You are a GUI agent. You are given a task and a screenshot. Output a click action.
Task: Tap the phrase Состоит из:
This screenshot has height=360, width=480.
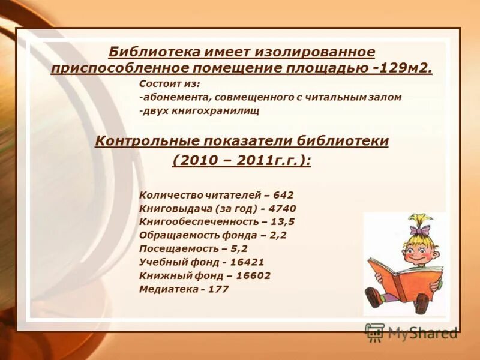pos(169,83)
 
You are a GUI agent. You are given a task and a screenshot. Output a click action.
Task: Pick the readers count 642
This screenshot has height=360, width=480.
pos(283,195)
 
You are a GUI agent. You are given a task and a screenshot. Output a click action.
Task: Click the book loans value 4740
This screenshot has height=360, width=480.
pos(283,208)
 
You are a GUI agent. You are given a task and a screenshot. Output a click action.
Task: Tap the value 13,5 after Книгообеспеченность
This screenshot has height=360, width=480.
pos(282,221)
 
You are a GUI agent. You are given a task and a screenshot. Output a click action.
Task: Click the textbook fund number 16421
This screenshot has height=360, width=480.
pos(247,262)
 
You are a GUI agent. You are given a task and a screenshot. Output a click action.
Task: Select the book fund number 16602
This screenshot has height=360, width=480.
pos(253,275)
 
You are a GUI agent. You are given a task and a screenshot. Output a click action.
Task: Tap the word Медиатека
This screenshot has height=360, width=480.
pos(169,289)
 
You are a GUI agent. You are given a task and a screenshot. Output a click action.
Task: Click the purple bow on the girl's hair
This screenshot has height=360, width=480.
pos(420,229)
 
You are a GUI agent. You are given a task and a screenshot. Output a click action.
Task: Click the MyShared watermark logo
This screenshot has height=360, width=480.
pos(412,332)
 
